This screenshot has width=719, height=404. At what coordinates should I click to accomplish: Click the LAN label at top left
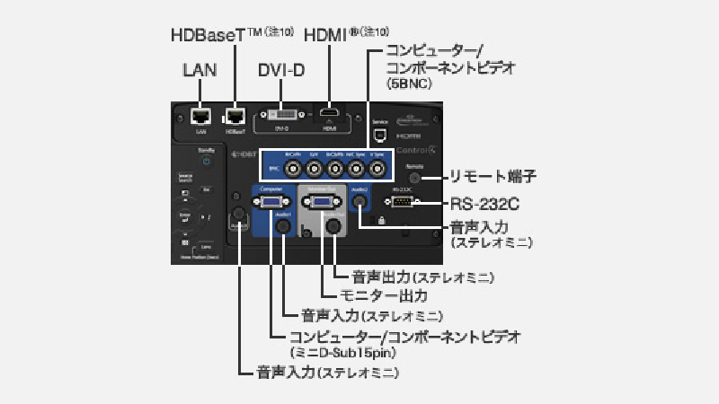pyautogui.click(x=200, y=69)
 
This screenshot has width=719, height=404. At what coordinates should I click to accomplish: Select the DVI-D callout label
pyautogui.click(x=281, y=69)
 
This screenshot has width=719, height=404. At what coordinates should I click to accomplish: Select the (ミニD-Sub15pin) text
pyautogui.click(x=342, y=352)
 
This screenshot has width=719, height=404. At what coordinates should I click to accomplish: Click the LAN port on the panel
pyautogui.click(x=202, y=116)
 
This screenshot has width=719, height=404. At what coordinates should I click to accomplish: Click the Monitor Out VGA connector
pyautogui.click(x=321, y=203)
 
